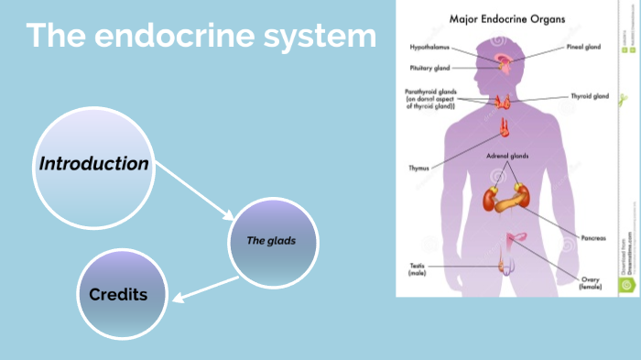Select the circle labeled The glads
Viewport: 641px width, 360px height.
tap(272, 241)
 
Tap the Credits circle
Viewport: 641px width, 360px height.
tap(119, 294)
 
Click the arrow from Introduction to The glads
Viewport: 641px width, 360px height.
tap(194, 193)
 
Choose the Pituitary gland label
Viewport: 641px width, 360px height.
tap(429, 67)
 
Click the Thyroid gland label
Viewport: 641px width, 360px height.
tap(589, 95)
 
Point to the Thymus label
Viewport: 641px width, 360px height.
tap(418, 168)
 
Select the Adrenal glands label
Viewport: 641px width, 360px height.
tap(507, 157)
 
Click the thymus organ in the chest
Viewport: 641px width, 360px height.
tap(504, 127)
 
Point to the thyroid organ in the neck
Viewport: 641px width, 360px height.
tap(504, 101)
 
